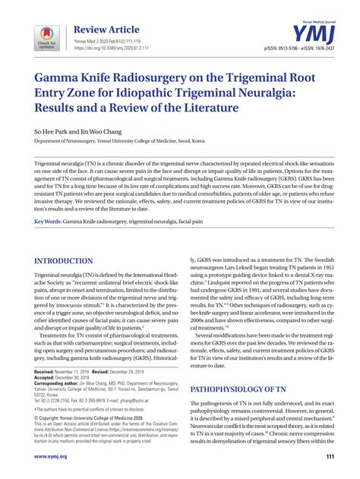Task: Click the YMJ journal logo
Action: pos(311,33)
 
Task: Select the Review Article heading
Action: pos(103,29)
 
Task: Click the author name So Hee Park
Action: pos(51,131)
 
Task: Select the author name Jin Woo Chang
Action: pos(102,131)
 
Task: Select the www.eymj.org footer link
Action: pos(52,456)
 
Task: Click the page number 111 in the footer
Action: pos(330,456)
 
